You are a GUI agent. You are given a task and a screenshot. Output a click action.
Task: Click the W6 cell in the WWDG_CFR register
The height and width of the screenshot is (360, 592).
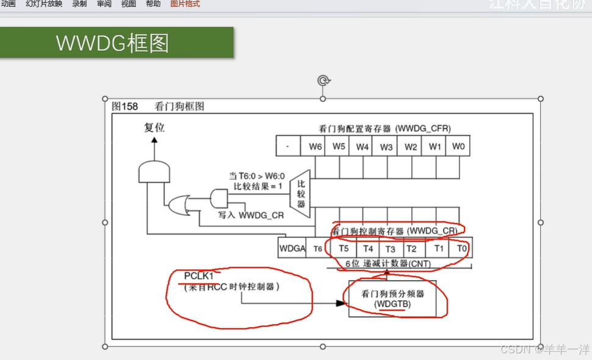(316, 146)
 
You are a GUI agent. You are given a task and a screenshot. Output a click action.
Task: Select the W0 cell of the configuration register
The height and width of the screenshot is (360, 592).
(458, 146)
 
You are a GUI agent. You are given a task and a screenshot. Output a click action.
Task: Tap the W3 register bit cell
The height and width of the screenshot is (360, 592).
(386, 146)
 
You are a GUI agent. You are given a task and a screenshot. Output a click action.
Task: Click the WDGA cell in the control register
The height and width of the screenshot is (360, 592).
(292, 248)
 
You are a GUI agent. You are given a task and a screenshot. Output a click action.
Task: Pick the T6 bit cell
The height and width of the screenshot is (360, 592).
(318, 248)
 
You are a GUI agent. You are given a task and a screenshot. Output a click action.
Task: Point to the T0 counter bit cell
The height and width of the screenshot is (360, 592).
(461, 248)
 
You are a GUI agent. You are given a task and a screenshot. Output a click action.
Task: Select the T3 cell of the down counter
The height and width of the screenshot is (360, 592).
(390, 248)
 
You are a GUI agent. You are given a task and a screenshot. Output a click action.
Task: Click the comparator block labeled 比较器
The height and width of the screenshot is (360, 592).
(301, 194)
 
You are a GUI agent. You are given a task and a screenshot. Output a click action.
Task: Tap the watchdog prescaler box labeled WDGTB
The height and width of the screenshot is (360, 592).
(392, 298)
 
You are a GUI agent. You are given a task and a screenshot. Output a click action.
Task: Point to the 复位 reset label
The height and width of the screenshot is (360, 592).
(154, 128)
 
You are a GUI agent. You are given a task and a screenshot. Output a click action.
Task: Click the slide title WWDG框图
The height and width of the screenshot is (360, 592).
(112, 43)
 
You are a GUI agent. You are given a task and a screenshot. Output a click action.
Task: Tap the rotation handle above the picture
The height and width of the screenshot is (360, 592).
(323, 81)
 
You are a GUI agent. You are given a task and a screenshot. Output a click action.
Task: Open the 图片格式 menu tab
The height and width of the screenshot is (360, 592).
(185, 4)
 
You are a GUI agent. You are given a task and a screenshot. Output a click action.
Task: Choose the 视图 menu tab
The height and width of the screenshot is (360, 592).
(129, 4)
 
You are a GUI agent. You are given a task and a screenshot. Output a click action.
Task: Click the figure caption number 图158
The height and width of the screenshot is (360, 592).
(125, 106)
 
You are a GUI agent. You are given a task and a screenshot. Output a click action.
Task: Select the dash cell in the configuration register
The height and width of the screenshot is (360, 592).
(287, 146)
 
